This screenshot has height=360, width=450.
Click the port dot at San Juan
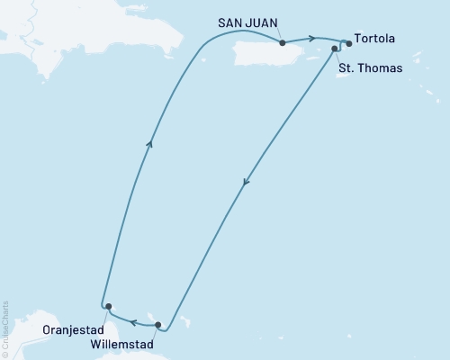coord(283,42)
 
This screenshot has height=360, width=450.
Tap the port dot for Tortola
coord(349,43)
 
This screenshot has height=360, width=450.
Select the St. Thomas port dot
coord(335,49)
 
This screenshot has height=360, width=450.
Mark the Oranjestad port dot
coord(108,307)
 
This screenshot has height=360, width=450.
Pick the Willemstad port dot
coord(158,325)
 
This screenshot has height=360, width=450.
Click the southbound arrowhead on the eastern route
coord(245,183)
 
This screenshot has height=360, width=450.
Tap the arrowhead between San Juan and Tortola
coord(312,38)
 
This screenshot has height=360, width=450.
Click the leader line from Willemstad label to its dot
coord(154,332)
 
